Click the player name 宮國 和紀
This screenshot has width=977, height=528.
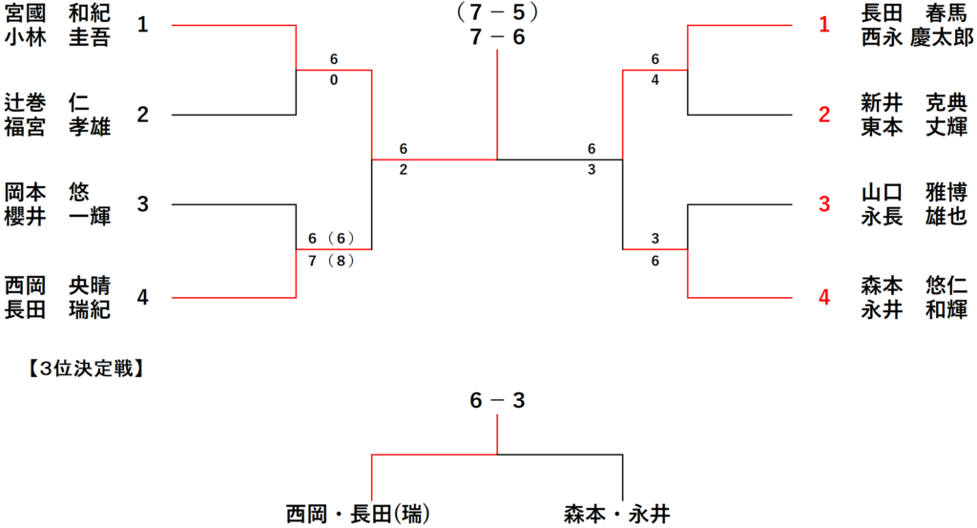[57, 14]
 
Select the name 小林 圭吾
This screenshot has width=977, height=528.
[57, 37]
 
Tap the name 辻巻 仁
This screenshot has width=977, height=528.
[57, 103]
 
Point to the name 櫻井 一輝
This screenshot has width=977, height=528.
[57, 217]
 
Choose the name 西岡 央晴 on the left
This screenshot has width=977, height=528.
[57, 285]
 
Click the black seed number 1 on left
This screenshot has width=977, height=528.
[142, 25]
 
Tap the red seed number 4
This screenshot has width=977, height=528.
[824, 297]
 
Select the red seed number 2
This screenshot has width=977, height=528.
[824, 116]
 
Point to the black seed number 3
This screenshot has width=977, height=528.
[142, 204]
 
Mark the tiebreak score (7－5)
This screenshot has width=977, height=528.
[496, 12]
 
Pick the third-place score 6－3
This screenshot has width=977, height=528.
[496, 401]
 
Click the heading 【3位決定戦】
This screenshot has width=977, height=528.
[86, 365]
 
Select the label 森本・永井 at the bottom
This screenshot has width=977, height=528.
[616, 514]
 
